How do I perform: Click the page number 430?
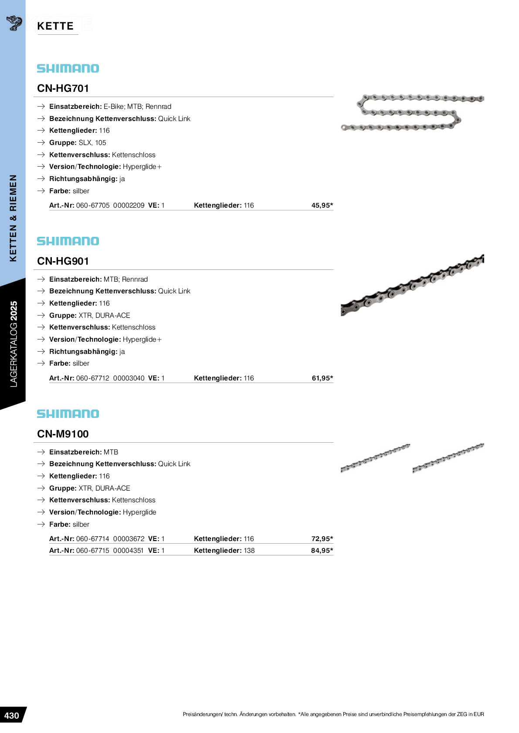coord(12,716)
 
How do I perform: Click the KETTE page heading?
coord(55,26)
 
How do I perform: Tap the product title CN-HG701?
coord(63,88)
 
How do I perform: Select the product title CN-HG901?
coord(63,261)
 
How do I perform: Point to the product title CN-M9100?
coord(63,434)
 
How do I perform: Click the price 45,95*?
coord(322,205)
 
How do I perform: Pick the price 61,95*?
coord(322,378)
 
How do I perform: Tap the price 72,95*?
coord(322,539)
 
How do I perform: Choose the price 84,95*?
coord(322,551)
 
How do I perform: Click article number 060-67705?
coord(93,205)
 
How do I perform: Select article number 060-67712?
coord(93,378)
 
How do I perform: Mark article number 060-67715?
coord(93,551)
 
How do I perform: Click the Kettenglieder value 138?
coord(249,551)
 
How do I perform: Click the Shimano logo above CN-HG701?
coord(68,68)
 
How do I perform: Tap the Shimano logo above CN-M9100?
coord(68,414)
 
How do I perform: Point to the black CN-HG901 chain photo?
coord(412,285)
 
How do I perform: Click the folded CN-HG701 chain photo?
coord(412,112)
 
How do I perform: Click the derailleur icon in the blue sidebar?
coord(14,23)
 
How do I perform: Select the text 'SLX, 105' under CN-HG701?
coord(92,143)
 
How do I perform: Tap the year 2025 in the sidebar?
coord(14,311)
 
